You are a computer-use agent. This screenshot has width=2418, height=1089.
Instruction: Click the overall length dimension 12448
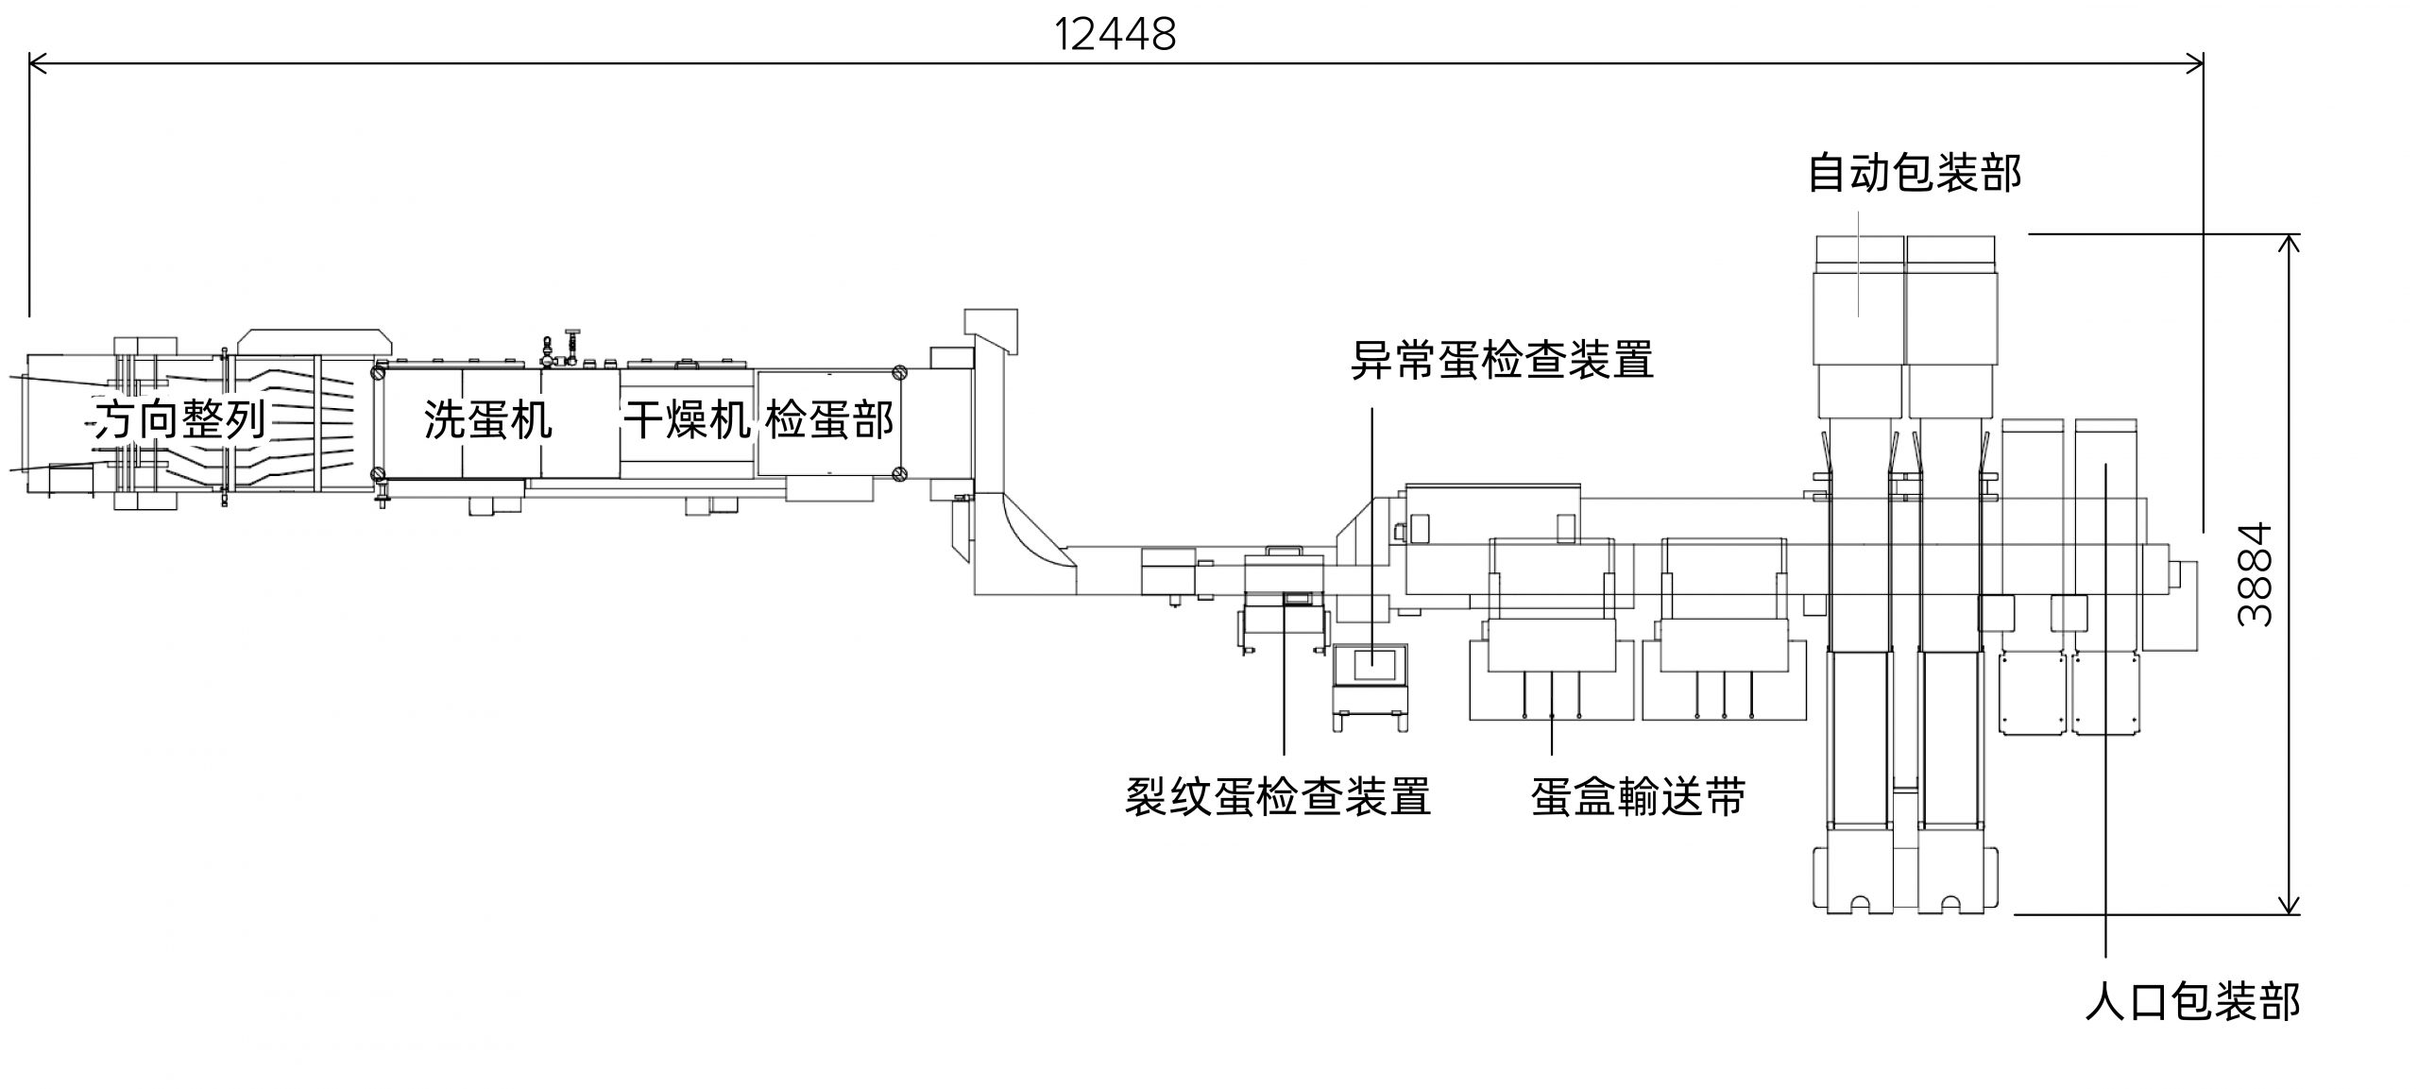[x=1115, y=35]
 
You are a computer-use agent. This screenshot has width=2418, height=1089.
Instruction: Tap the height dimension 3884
[x=2256, y=574]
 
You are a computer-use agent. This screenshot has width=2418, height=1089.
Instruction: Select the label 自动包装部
[x=1915, y=174]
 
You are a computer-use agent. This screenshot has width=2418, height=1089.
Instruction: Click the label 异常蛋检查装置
[x=1502, y=360]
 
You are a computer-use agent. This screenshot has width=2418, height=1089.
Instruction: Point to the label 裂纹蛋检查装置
[x=1277, y=796]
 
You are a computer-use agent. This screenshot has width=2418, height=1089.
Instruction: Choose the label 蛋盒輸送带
[x=1638, y=796]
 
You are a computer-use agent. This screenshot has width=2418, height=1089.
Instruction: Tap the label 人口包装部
[x=2192, y=1002]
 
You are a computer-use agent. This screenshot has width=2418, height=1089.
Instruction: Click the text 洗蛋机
[x=487, y=419]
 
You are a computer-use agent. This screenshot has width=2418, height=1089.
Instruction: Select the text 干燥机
[x=687, y=419]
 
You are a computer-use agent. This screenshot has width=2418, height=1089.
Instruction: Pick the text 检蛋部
[x=828, y=419]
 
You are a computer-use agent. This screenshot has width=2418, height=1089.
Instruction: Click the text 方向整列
[x=179, y=419]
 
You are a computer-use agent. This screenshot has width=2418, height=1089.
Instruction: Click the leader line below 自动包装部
[x=1859, y=264]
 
